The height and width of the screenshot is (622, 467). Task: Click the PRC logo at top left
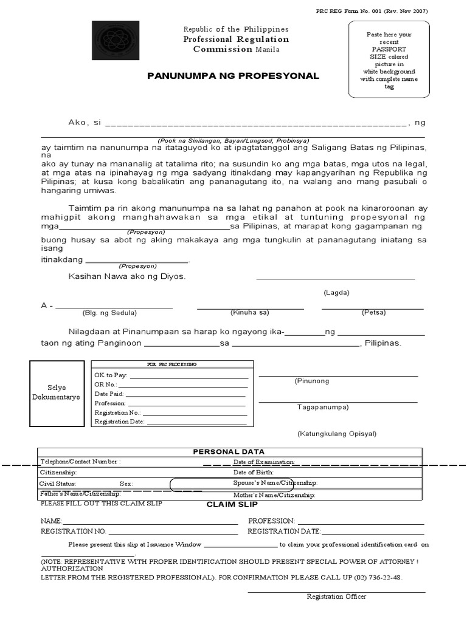tap(115, 41)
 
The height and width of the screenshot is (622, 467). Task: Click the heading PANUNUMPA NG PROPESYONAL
tap(233, 76)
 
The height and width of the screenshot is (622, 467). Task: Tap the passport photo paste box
tap(389, 59)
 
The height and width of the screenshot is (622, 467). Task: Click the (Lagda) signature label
tap(336, 292)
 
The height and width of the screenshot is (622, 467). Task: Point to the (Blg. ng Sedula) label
tap(109, 313)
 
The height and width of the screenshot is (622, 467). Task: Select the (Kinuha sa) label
tap(249, 312)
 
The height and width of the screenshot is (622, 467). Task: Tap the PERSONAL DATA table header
tap(229, 451)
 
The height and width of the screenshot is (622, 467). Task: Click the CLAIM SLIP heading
tap(232, 504)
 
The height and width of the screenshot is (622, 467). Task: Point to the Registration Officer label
tap(336, 596)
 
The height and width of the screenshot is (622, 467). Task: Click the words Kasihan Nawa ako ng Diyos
tap(126, 276)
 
